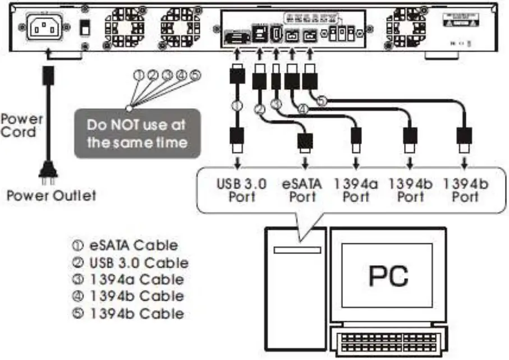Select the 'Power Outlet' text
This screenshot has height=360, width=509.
(51, 196)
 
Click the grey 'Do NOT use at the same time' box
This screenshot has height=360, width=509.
(137, 133)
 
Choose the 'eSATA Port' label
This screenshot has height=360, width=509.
(302, 190)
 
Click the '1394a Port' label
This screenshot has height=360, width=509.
(356, 190)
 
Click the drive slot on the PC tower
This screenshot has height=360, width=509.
(296, 250)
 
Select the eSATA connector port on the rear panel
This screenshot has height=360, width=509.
(236, 39)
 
